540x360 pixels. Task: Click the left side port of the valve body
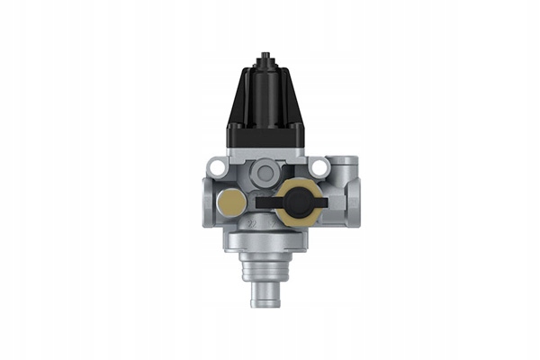207,200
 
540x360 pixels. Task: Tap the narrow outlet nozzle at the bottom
266,292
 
